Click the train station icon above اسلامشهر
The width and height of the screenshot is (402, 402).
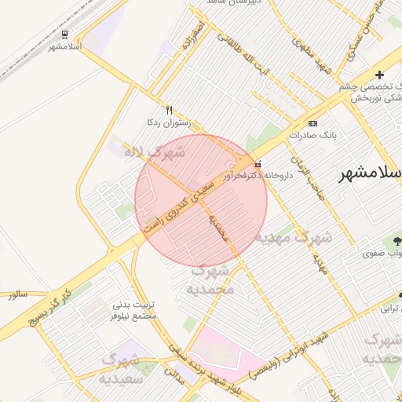point(64,35)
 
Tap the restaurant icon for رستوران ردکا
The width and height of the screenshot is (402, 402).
point(168,110)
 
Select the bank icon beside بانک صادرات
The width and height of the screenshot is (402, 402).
point(313,123)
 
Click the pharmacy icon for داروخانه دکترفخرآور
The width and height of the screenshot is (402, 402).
point(258,164)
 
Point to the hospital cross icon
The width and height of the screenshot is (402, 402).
point(380,74)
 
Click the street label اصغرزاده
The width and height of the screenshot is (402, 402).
point(194,36)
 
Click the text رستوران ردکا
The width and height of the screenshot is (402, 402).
point(163,122)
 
